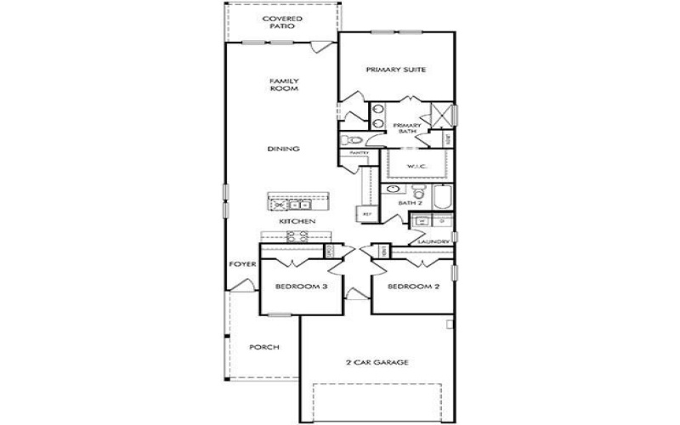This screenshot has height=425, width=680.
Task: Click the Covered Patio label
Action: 281,22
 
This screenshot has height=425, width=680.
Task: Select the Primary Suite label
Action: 395,70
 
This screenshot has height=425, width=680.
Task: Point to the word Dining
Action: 283,150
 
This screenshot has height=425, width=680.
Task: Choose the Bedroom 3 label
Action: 301,287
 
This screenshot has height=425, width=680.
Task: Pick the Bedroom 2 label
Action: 413,287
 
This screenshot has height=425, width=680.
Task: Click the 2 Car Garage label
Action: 378,362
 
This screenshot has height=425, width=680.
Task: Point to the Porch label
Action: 264,348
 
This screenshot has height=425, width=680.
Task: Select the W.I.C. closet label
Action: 416,165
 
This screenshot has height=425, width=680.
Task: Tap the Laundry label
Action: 433,242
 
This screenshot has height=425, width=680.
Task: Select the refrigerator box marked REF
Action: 367,214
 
